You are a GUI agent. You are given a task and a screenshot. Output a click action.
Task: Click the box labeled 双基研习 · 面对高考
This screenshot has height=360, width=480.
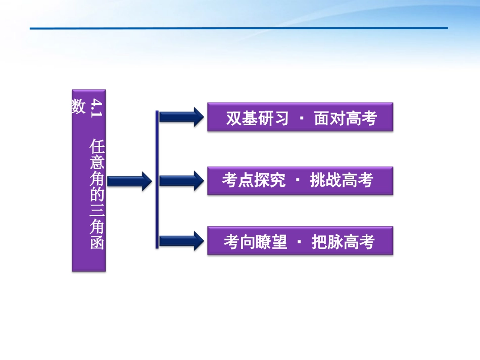300,117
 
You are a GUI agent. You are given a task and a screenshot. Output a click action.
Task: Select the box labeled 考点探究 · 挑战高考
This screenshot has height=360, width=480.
300,180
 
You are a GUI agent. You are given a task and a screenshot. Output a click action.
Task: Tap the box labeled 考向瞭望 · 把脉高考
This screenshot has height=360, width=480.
300,241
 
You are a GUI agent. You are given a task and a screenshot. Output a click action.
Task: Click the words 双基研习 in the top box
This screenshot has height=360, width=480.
257,118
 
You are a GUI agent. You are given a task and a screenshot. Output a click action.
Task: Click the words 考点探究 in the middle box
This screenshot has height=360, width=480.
254,180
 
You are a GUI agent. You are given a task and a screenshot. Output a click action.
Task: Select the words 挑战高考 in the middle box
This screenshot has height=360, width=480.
342,180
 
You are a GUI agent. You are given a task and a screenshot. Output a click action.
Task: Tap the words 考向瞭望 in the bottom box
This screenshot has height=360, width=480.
255,242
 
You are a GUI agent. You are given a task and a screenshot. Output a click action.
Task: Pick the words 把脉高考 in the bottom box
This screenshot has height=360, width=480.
343,242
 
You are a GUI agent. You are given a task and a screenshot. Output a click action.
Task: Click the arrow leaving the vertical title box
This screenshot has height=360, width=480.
129,181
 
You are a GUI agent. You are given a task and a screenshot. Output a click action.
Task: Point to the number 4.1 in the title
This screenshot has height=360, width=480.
96,109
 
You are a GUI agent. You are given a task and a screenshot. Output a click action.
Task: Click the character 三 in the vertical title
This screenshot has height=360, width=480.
97,204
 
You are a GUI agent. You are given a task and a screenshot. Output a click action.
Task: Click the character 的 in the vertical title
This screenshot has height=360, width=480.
97,185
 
